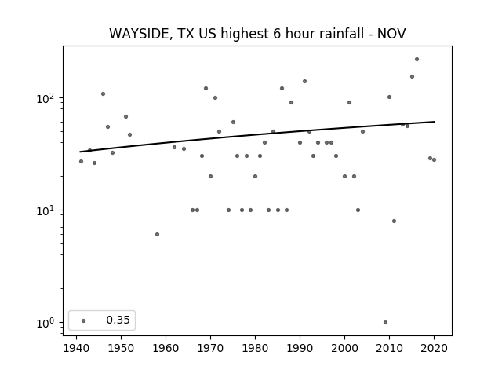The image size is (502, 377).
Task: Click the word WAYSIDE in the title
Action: point(140,34)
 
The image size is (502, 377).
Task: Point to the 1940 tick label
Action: point(77,348)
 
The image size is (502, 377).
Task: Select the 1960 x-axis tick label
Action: point(166,348)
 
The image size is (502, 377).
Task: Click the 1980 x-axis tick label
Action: point(255,348)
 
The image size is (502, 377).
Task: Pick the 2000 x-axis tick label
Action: point(344,348)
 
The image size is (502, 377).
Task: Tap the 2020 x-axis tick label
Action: point(434,348)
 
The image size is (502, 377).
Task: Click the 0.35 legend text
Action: point(118,320)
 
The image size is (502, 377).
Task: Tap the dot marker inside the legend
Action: point(84,320)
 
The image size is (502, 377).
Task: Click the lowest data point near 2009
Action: point(385,323)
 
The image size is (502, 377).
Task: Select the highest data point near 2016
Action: point(417,60)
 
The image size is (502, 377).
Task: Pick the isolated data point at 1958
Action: point(157,235)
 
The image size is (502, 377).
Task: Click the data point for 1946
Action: point(103,94)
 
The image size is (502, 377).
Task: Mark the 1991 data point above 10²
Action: point(305,82)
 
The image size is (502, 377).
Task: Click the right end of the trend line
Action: point(435,122)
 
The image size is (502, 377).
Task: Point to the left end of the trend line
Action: point(80,152)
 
